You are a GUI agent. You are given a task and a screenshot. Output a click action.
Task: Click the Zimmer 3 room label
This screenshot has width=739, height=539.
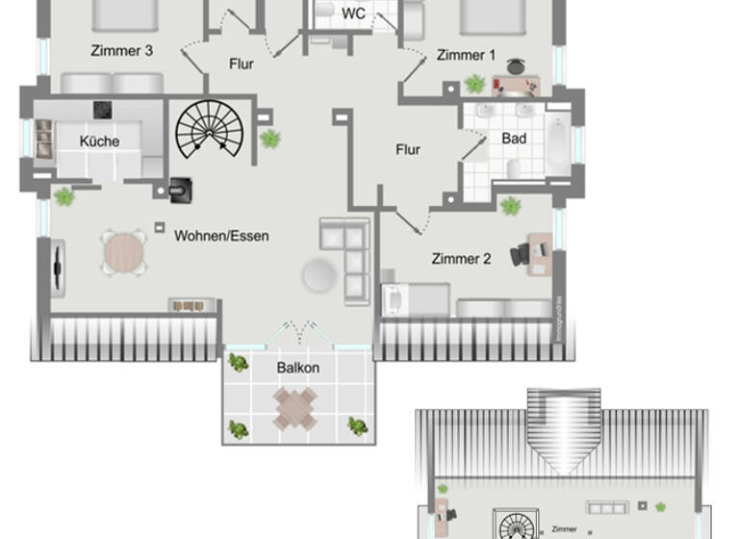tap(122, 51)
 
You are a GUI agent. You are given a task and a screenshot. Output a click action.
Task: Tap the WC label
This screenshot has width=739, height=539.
tap(353, 13)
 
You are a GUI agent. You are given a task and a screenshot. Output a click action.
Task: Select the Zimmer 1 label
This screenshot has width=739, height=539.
tap(466, 56)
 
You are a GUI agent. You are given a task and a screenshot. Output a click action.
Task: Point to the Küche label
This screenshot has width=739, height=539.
tap(99, 141)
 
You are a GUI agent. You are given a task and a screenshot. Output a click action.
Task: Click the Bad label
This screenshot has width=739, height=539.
tap(514, 139)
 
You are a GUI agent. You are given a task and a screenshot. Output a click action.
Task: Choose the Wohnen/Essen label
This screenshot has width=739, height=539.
tap(221, 236)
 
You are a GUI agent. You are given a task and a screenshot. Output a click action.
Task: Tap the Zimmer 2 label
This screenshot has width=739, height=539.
tap(461, 259)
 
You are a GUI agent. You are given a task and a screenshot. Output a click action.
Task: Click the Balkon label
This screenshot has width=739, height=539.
tap(298, 368)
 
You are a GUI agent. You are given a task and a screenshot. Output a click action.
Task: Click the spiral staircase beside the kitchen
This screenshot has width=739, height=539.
tap(210, 130)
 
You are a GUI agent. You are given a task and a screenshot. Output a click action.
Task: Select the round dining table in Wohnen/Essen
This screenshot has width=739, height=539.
tap(124, 253)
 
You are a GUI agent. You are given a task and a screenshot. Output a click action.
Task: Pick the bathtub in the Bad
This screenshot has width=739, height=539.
tap(558, 145)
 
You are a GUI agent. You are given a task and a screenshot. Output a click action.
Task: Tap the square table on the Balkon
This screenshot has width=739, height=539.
tap(294, 408)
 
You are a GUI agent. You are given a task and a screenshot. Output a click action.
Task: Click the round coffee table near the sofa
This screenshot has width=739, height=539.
tap(320, 276)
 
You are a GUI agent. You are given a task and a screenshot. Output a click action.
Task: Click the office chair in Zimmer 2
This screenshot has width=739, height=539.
tap(522, 254)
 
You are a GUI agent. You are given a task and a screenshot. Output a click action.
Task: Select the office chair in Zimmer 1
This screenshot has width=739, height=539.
tap(516, 67)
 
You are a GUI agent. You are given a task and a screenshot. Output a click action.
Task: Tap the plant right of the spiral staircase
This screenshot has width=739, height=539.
tap(270, 139)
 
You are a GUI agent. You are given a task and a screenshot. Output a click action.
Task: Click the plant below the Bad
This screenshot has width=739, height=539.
tap(510, 205)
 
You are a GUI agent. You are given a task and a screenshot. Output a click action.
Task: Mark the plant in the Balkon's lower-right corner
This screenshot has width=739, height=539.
tap(357, 425)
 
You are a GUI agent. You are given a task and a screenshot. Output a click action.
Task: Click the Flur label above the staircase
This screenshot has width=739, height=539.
tap(242, 64)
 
